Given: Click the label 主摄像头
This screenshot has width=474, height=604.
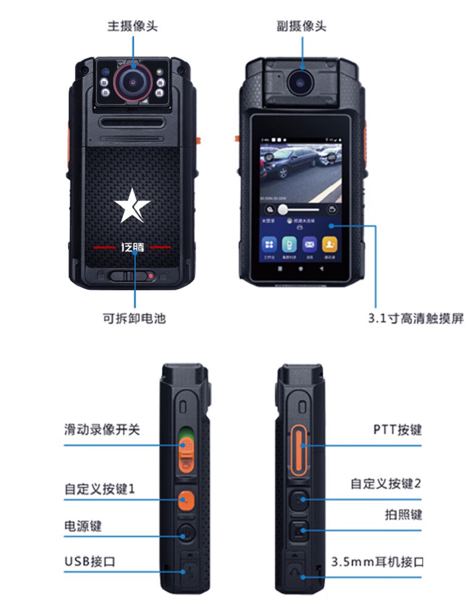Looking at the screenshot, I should click(x=132, y=27).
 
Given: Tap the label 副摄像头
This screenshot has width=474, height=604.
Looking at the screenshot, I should click(x=301, y=27).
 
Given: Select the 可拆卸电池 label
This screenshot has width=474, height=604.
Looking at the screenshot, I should click(x=134, y=318).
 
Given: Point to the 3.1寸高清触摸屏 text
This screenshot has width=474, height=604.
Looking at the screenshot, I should click(x=415, y=318).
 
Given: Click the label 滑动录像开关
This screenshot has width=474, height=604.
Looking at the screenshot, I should click(x=102, y=429).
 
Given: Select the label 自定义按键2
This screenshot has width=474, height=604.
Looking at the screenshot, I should click(x=386, y=483).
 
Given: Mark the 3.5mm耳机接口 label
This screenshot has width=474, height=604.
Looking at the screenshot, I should click(x=377, y=560).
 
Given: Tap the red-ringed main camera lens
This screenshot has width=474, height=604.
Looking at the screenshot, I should click(x=132, y=81).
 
